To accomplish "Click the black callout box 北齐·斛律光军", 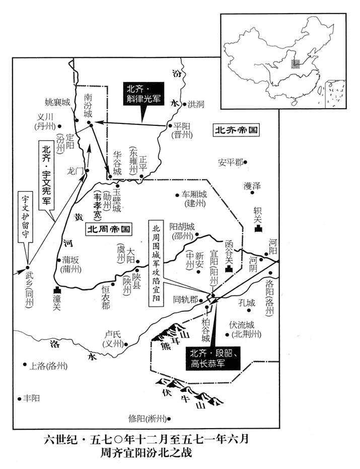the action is click(143, 94).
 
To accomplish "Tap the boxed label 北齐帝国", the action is click(236, 130).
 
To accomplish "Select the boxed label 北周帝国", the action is click(109, 229).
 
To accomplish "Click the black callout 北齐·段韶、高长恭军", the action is click(212, 359).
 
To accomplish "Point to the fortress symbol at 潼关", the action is click(57, 290).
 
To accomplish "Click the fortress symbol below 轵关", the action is click(258, 229).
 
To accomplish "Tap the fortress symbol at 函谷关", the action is click(229, 269).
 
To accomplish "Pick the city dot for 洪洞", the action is click(184, 104).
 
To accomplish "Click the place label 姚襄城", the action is click(57, 102).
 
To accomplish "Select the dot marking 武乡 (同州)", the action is click(28, 267).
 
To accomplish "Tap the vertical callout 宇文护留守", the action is click(25, 216).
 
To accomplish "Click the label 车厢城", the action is click(194, 195).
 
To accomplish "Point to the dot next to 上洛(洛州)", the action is click(25, 364).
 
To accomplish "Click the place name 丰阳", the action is click(32, 398).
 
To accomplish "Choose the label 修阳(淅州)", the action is click(147, 419).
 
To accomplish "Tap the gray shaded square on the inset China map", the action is click(296, 63).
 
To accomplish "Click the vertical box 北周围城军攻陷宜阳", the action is click(156, 263).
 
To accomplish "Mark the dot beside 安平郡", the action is click(245, 162).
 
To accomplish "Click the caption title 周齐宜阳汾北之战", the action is click(146, 452).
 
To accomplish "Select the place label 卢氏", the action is click(113, 334).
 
